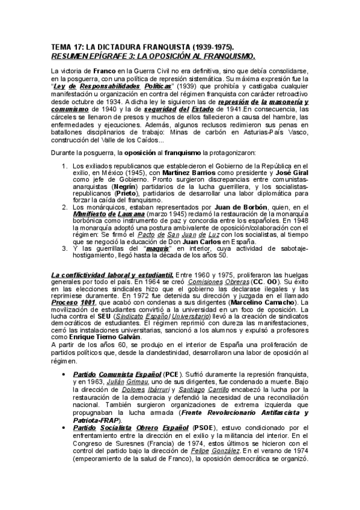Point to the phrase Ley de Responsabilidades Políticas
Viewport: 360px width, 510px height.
(128, 86)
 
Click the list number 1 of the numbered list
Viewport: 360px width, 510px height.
(65, 165)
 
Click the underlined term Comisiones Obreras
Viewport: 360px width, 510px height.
(218, 281)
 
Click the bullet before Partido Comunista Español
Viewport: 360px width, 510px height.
(64, 374)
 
